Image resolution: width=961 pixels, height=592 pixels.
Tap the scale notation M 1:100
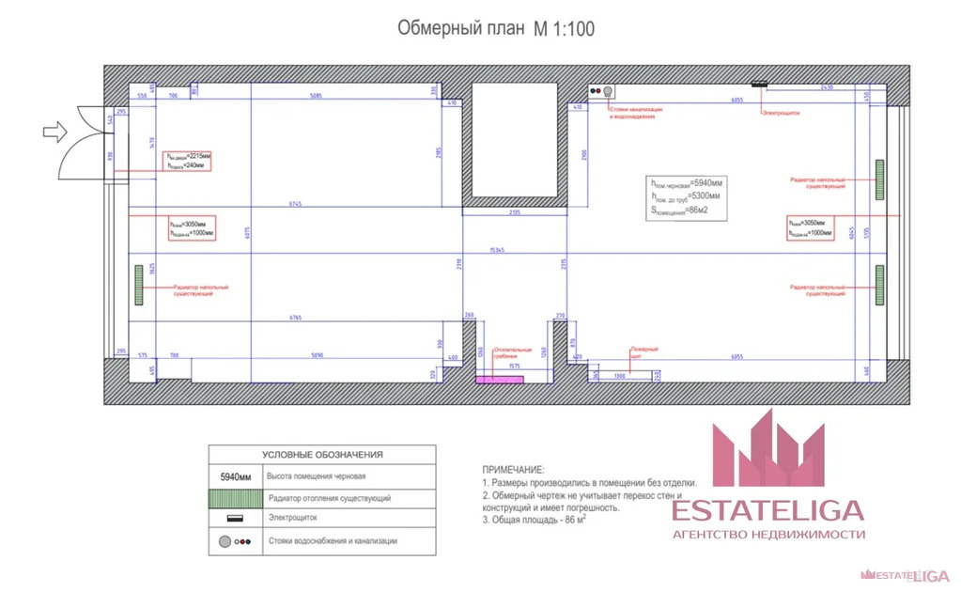564,29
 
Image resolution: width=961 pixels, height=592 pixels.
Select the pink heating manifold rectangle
488,380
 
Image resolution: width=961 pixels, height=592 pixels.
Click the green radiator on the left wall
138,284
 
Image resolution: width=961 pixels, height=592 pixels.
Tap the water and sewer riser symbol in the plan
601,91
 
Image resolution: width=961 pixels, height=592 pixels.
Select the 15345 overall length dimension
503,250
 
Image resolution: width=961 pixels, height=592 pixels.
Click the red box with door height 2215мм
188,160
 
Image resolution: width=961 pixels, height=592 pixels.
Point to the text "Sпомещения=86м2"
685,210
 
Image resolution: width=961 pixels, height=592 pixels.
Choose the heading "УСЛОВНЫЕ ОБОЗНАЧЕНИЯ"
321,454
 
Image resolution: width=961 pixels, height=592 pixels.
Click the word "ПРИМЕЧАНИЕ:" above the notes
513,468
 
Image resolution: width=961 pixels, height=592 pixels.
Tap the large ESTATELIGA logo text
767,510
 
